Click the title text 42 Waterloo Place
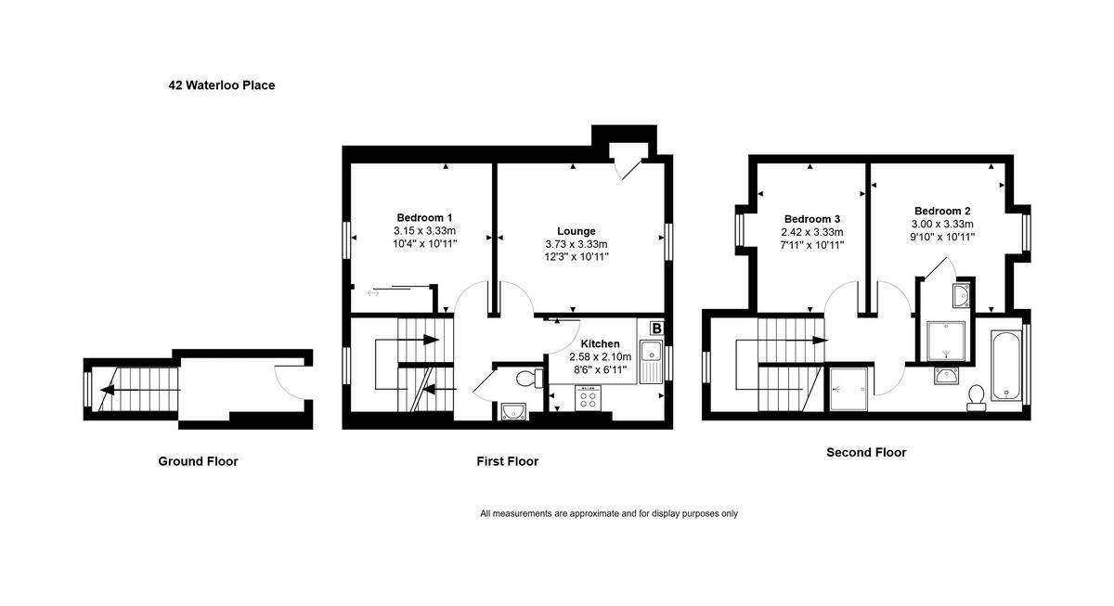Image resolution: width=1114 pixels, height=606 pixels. (x=221, y=85)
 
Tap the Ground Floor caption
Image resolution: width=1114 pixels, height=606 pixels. (x=198, y=461)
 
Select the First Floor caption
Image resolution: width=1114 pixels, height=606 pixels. (x=507, y=461)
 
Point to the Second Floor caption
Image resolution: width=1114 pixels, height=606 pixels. (x=866, y=453)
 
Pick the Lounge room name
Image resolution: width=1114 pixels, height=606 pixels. (x=576, y=231)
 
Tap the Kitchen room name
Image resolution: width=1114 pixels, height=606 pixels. (x=600, y=343)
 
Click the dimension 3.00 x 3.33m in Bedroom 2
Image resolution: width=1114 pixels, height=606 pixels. (x=942, y=224)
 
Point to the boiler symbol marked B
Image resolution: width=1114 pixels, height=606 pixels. (x=656, y=328)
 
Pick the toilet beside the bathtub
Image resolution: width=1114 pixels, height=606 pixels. (x=976, y=397)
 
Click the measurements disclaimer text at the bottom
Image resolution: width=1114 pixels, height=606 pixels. (x=608, y=513)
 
